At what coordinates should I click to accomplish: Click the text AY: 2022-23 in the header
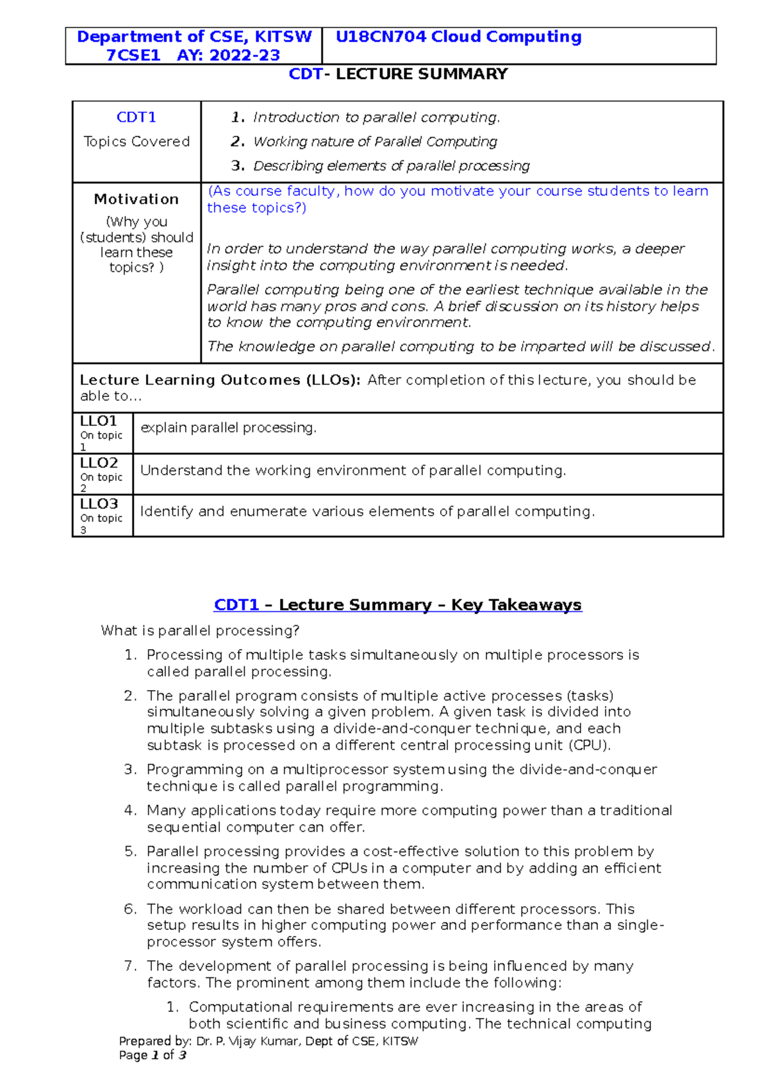228,55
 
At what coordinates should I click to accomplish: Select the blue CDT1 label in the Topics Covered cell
136,117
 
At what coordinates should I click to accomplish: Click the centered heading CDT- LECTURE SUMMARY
398,74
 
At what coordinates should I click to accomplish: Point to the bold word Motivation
136,199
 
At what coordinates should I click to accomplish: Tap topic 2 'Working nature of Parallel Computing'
375,142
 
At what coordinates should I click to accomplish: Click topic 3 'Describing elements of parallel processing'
391,166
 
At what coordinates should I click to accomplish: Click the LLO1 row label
98,421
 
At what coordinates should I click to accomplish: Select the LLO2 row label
99,463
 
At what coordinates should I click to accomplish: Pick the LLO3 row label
99,504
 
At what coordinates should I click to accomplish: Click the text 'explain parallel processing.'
228,428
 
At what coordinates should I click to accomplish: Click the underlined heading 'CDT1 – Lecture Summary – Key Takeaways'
397,605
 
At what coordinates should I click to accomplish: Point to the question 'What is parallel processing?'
200,631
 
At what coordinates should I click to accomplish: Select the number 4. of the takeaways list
130,811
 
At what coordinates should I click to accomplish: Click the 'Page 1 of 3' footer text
153,1055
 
